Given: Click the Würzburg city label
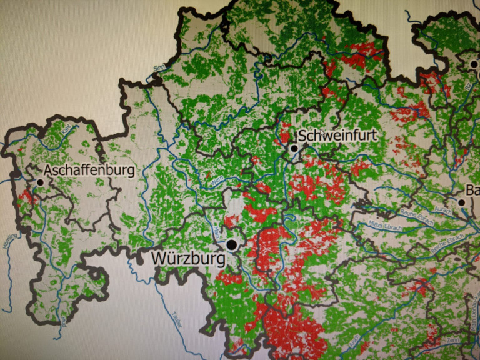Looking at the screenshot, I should [186, 257].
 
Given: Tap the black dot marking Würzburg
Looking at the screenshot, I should [232, 244].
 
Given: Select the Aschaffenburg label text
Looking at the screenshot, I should [90, 171].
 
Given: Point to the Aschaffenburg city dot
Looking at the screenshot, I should [41, 182].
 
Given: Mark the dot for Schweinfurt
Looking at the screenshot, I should [294, 149].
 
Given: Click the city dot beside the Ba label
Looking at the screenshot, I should [462, 202].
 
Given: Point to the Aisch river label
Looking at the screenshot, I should [354, 341].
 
